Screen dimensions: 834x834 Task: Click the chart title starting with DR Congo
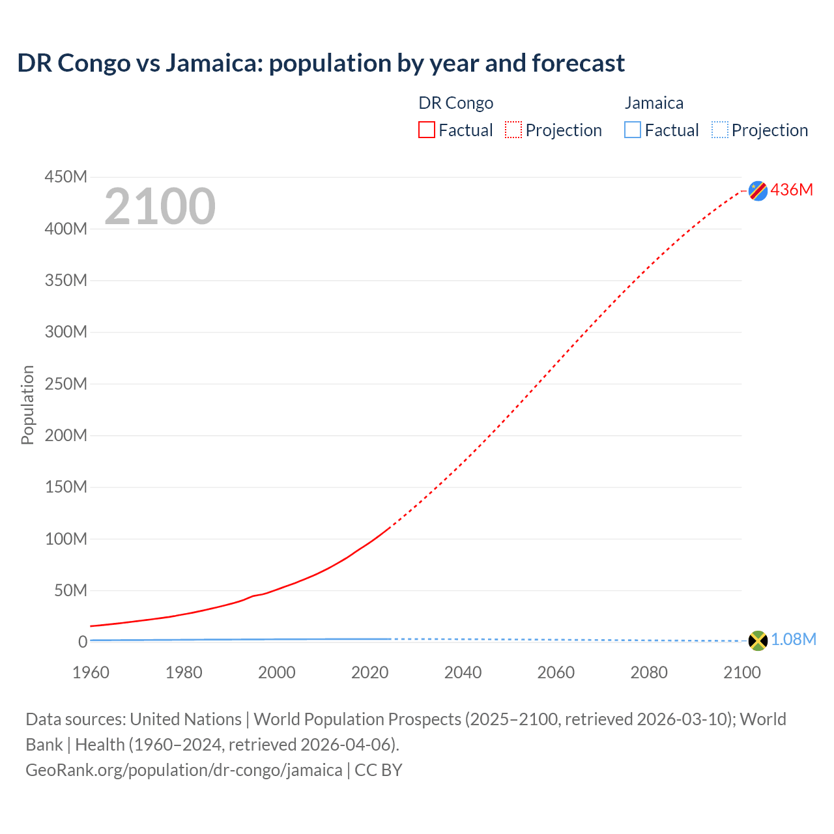tap(321, 63)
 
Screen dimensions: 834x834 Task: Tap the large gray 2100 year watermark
tap(160, 207)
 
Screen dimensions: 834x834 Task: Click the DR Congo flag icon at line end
tap(758, 190)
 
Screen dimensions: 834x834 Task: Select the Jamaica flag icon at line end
tap(758, 640)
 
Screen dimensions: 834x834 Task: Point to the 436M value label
tap(792, 190)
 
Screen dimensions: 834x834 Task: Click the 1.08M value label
tap(793, 640)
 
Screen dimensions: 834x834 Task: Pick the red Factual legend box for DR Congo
tap(427, 130)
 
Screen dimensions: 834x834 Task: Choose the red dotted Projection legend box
tap(513, 130)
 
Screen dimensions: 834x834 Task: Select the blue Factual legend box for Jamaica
tap(633, 130)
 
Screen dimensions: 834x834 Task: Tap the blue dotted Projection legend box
tap(719, 130)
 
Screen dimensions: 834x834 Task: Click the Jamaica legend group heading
tap(654, 103)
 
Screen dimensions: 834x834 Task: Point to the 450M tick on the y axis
tap(66, 177)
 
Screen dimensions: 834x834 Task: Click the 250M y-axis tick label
tap(66, 384)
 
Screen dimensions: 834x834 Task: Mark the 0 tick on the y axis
tap(82, 642)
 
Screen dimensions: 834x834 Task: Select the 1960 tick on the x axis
tap(91, 672)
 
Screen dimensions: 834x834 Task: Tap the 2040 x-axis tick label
tap(463, 672)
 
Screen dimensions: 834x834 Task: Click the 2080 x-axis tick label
tap(649, 672)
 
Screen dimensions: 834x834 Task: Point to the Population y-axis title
tap(27, 405)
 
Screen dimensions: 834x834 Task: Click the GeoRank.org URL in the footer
tap(184, 770)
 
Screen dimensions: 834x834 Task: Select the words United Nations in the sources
tap(186, 719)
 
